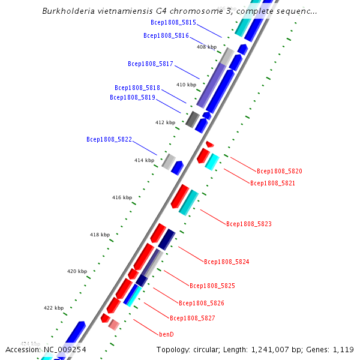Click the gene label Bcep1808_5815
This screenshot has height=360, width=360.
click(x=173, y=22)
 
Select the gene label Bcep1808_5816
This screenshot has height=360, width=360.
click(x=166, y=35)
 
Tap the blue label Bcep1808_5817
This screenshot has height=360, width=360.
click(x=151, y=64)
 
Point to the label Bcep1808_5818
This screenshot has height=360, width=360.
click(x=137, y=88)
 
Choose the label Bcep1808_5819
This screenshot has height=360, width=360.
click(x=133, y=97)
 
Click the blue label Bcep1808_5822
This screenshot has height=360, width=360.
click(x=109, y=139)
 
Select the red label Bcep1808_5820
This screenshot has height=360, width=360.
click(x=280, y=171)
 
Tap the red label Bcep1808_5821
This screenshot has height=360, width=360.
click(x=272, y=183)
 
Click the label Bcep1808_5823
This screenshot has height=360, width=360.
click(x=249, y=224)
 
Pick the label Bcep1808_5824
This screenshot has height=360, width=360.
click(x=226, y=262)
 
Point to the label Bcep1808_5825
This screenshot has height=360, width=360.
click(x=212, y=286)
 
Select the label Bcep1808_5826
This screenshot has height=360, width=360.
click(x=202, y=302)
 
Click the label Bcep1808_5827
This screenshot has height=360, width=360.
click(x=192, y=318)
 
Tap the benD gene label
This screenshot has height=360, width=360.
click(x=166, y=334)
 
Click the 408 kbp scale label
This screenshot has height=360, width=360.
click(x=206, y=47)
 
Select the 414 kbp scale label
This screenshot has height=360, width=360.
click(x=144, y=160)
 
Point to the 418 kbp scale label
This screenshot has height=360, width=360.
click(x=100, y=235)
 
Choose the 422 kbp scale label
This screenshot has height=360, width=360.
click(x=53, y=308)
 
